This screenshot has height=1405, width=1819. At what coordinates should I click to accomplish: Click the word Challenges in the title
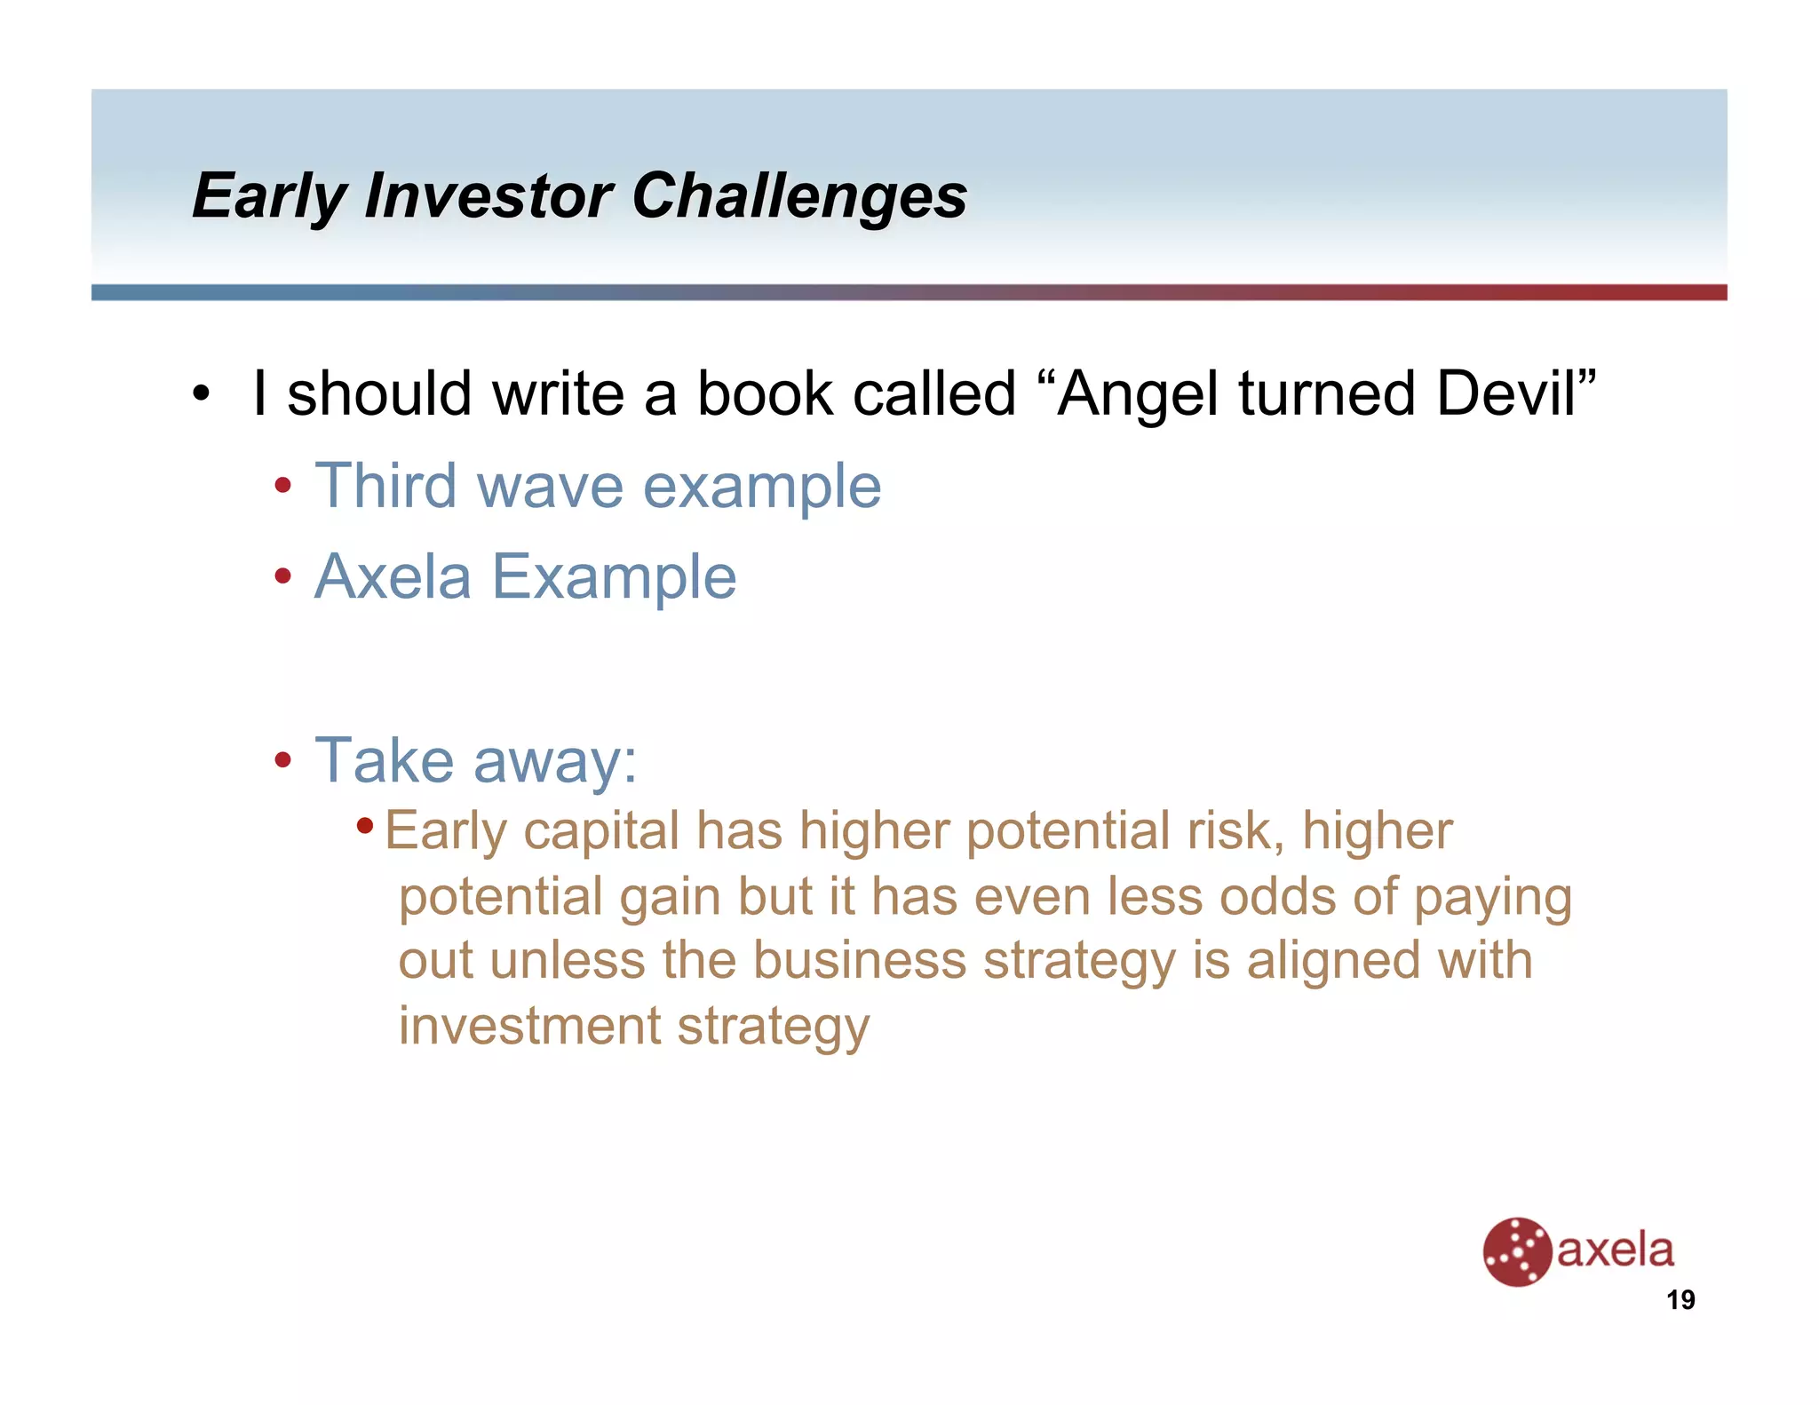click(798, 196)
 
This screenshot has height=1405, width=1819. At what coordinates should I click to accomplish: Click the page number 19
click(1680, 1300)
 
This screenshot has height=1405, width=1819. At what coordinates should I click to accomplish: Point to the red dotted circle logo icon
click(1517, 1251)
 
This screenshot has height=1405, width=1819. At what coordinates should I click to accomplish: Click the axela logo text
click(1616, 1250)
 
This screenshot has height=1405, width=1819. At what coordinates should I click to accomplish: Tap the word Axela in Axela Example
click(393, 577)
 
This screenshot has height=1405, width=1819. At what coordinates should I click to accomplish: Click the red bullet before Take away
click(283, 760)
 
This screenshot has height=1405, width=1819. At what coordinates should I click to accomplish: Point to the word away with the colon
click(555, 762)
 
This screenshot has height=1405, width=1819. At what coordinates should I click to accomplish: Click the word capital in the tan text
click(601, 831)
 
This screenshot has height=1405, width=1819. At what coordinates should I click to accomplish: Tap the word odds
click(1277, 896)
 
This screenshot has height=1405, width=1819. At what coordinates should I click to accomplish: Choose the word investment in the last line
click(529, 1026)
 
